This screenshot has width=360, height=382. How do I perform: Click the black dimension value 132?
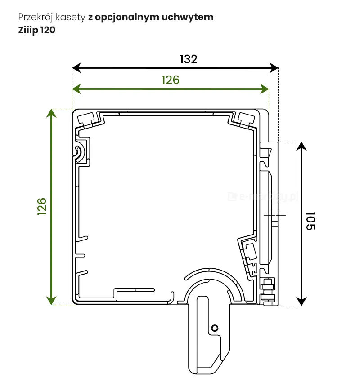tap(189, 59)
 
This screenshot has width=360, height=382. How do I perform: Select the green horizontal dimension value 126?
tap(171, 80)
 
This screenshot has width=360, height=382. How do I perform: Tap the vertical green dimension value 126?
tap(42, 207)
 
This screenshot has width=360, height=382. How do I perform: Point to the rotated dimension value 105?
tap(311, 221)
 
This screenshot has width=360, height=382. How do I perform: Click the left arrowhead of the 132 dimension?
tap(76, 68)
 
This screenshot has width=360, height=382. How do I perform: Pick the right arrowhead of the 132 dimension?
tap(274, 68)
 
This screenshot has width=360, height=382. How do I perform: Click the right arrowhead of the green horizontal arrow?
tap(265, 89)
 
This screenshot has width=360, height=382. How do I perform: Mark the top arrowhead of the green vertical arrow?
tap(52, 113)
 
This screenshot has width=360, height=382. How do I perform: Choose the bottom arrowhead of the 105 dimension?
tap(301, 302)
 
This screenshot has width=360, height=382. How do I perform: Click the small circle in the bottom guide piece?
tap(215, 328)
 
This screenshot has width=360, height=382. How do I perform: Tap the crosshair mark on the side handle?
tap(274, 215)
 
